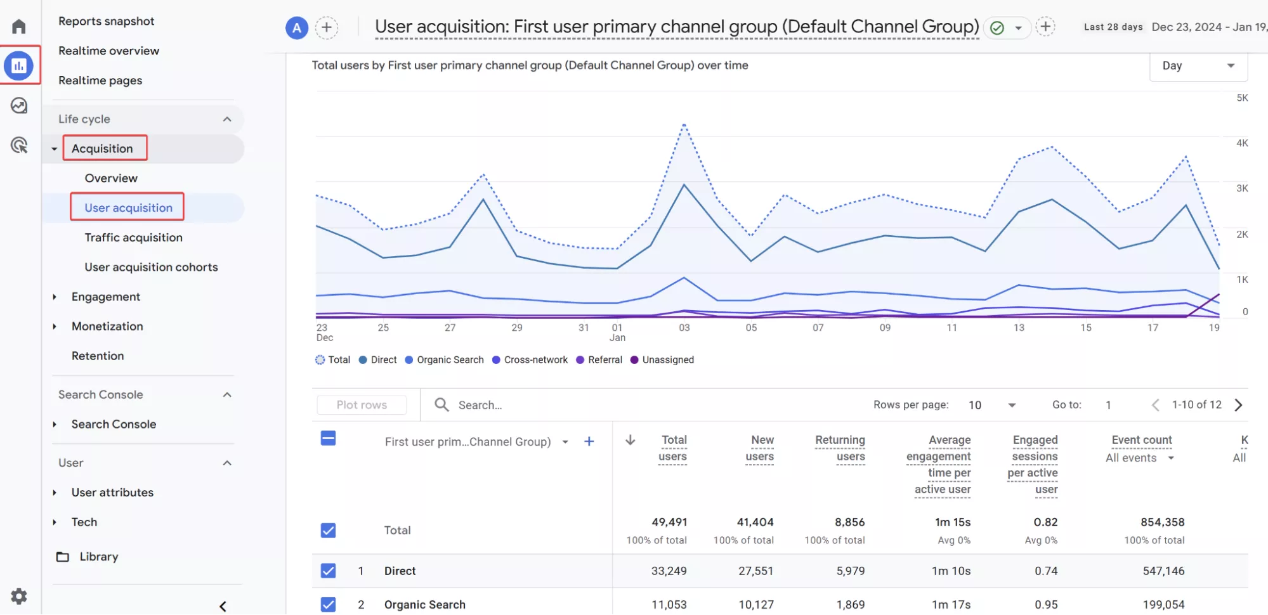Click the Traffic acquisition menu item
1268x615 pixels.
133,237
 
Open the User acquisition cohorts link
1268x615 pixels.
151,267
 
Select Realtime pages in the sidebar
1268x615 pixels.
100,81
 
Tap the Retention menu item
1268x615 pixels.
98,356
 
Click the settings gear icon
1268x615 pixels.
19,596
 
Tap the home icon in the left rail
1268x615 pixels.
19,27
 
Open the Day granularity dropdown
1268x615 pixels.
1198,66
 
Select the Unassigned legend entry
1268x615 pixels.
662,359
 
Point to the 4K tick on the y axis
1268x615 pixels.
1242,143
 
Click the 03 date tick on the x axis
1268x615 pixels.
684,328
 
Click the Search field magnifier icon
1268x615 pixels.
441,405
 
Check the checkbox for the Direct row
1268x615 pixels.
328,571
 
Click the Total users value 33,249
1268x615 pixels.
669,571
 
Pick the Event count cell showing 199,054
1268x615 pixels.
1163,604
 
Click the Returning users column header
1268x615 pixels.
840,448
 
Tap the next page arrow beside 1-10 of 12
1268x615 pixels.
1238,405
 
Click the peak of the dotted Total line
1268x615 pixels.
684,124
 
